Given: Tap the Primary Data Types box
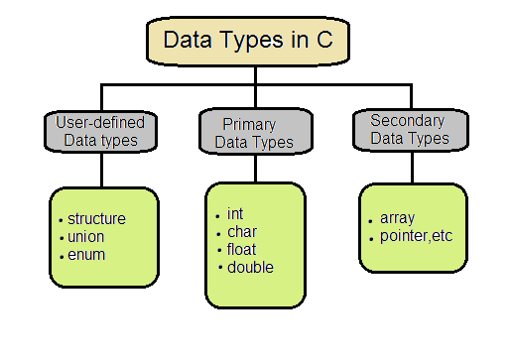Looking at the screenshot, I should click(254, 134).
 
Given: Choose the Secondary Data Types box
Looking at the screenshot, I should click(410, 130).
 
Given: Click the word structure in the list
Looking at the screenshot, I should click(98, 219).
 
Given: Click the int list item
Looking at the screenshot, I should click(235, 214).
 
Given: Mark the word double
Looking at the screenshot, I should click(250, 267).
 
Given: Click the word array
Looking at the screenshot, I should click(397, 219).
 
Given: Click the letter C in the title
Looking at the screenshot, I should click(343, 41).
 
